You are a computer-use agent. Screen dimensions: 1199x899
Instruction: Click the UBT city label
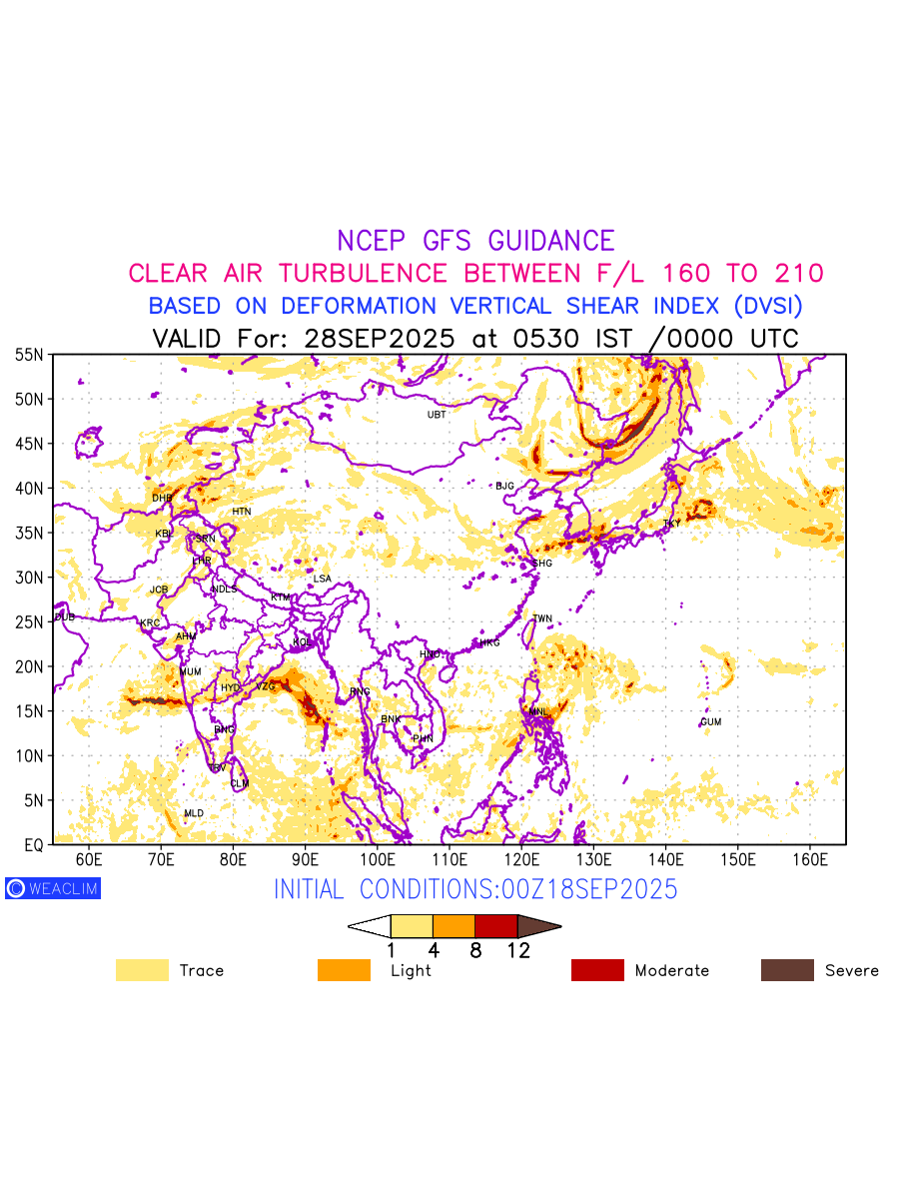[x=437, y=415]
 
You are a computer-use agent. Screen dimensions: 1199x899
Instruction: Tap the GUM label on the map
[x=710, y=722]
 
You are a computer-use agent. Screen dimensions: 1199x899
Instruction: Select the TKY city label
[x=671, y=524]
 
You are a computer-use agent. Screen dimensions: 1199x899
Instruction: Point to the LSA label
[x=322, y=580]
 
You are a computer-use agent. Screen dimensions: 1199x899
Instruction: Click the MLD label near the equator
[x=194, y=814]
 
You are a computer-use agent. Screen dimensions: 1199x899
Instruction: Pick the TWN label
[x=542, y=619]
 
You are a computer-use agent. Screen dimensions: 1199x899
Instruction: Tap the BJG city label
[x=504, y=487]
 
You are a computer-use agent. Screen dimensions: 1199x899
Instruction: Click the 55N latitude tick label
[x=29, y=355]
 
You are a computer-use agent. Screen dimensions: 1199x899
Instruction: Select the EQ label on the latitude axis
[x=34, y=845]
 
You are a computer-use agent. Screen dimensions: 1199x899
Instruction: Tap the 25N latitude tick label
[x=29, y=622]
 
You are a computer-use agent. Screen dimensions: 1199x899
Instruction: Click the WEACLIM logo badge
[x=53, y=888]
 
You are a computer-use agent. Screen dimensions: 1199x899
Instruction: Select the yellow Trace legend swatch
[x=142, y=970]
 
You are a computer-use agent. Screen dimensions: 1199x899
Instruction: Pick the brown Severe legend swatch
[x=787, y=970]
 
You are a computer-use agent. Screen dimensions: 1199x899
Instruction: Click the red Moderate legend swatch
[x=597, y=970]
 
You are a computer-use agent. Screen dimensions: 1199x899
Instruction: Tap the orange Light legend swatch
[x=344, y=970]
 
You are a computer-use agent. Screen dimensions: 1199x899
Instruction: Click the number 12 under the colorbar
[x=517, y=951]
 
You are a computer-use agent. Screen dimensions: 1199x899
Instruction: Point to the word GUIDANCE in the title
[x=551, y=241]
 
